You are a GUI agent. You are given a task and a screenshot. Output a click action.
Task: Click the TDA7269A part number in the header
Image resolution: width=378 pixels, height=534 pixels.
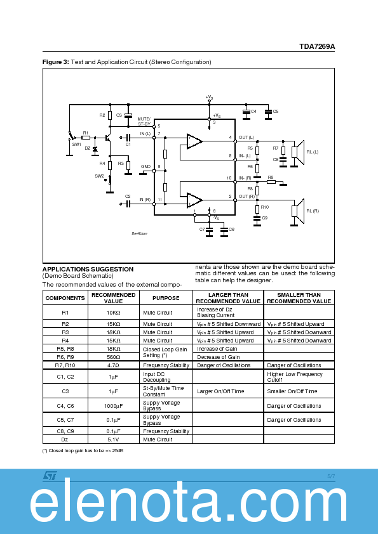[317, 47]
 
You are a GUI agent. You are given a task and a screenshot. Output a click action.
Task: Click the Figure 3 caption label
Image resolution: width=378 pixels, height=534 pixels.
[55, 62]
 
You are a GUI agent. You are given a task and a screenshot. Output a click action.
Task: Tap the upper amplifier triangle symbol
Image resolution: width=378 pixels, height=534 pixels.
[194, 140]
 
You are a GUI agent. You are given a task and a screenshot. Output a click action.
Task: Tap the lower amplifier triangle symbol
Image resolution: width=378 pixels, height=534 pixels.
[194, 200]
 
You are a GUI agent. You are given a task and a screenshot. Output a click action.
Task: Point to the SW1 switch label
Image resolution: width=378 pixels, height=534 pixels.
[76, 145]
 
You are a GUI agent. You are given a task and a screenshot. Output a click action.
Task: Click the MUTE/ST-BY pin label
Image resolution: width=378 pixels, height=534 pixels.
[144, 121]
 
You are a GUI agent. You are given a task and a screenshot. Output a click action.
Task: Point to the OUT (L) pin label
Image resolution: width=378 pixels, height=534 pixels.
[246, 138]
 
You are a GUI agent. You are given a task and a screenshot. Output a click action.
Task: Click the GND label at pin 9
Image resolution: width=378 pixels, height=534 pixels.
[145, 166]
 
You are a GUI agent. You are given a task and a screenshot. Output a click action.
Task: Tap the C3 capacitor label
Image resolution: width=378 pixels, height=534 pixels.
[119, 115]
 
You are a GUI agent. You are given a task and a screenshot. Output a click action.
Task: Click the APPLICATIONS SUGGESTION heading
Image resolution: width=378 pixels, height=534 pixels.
[88, 269]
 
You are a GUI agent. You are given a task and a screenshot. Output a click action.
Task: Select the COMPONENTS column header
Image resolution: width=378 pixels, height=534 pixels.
[65, 297]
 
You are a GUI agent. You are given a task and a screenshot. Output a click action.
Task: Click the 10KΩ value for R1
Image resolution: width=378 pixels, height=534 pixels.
[113, 312]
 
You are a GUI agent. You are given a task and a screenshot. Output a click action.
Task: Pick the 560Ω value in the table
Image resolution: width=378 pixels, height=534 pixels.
[113, 356]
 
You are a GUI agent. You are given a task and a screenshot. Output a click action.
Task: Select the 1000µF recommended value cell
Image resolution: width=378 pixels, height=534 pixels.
[113, 405]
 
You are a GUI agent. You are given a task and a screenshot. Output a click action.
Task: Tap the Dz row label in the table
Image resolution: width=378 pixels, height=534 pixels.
[65, 439]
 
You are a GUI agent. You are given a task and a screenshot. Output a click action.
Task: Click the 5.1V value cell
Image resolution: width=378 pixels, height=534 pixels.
[113, 439]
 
